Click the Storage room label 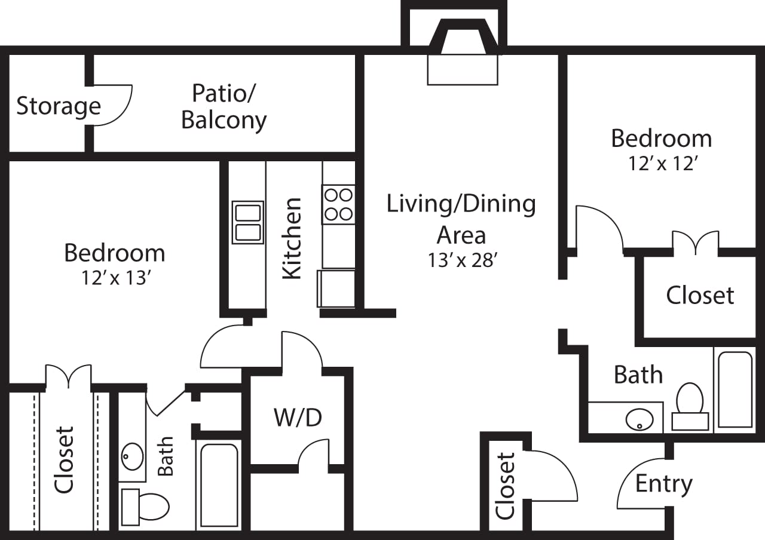(58, 106)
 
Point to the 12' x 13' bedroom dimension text (114, 278)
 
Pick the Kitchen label (292, 238)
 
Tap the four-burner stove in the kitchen (338, 204)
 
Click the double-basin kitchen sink (247, 222)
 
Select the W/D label (298, 418)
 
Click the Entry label (663, 483)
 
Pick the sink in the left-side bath (132, 457)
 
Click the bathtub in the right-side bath (735, 389)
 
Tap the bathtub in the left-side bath (219, 485)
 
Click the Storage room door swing (112, 105)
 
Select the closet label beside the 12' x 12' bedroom (700, 295)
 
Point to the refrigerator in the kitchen (336, 289)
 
